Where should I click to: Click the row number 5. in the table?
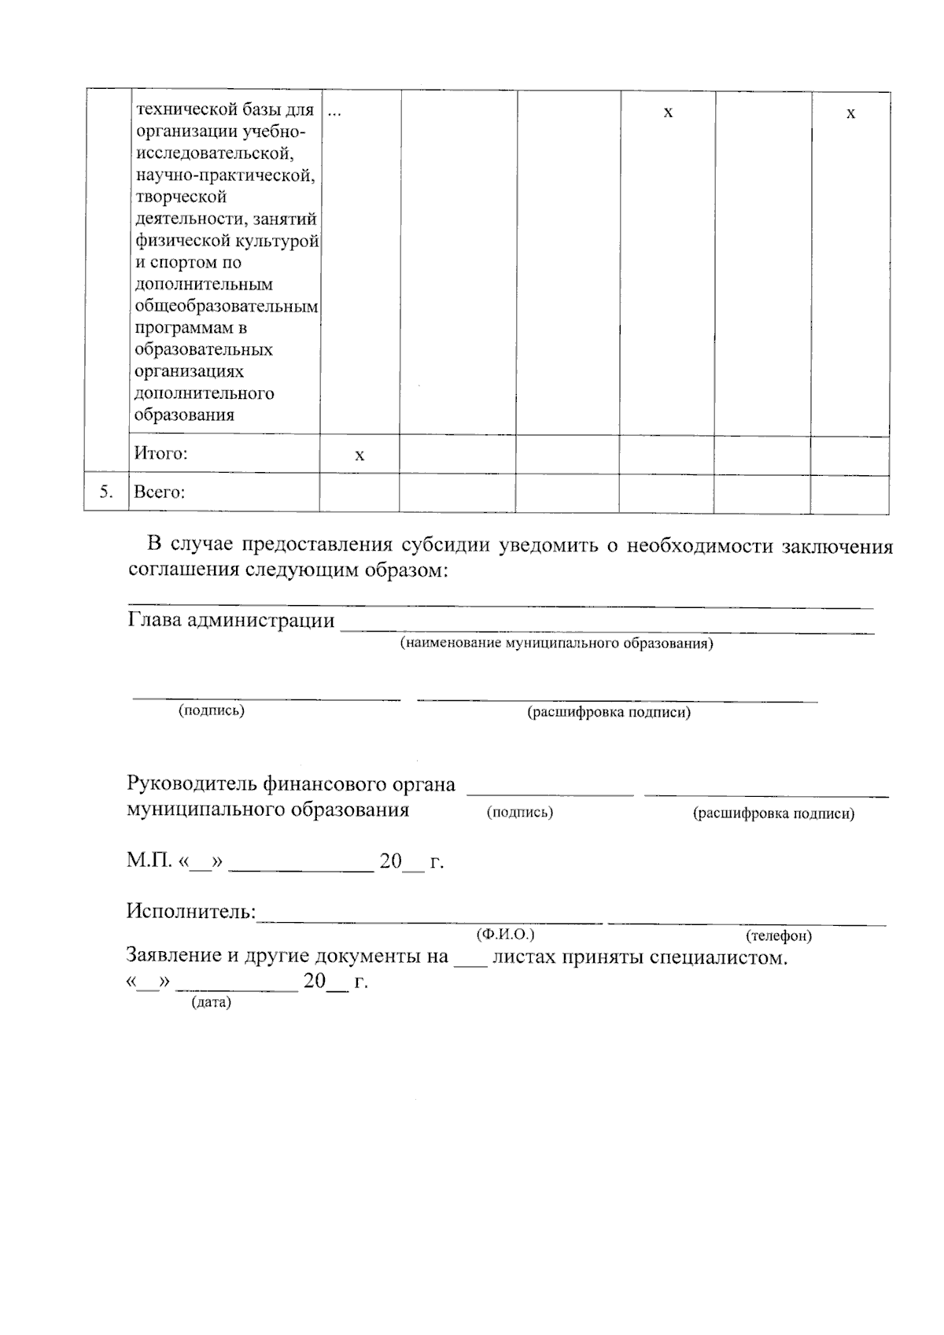tap(106, 492)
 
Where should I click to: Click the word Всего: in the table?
tap(160, 492)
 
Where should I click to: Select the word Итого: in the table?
tap(160, 454)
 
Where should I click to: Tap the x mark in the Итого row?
tap(360, 455)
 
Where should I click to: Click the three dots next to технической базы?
tap(334, 112)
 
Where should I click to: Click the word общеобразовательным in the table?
tap(227, 306)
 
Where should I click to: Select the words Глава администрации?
tap(230, 620)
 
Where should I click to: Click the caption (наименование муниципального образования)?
tap(556, 644)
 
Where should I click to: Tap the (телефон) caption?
tap(778, 936)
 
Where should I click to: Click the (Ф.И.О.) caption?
tap(505, 935)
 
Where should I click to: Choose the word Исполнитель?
tap(191, 912)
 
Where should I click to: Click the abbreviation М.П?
tap(149, 861)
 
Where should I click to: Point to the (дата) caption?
tap(211, 1004)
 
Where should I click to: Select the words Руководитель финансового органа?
tap(291, 784)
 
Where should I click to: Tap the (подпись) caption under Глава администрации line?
tap(212, 710)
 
